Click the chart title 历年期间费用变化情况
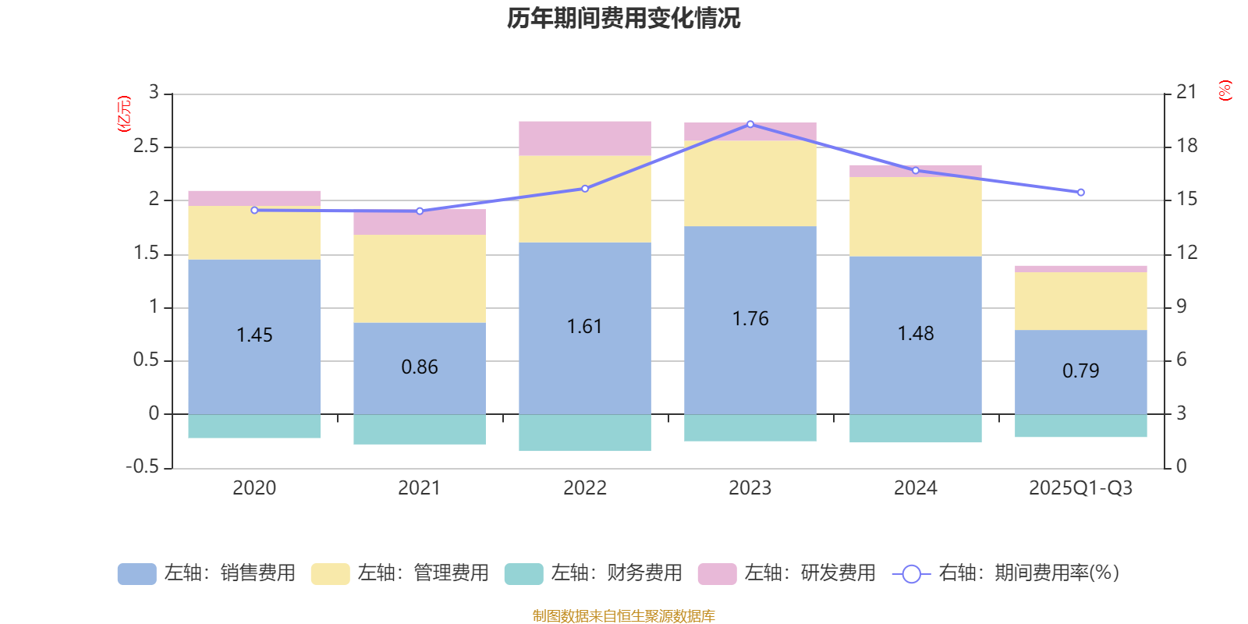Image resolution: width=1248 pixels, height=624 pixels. [x=623, y=18]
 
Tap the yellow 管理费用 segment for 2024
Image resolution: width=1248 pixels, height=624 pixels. [x=916, y=217]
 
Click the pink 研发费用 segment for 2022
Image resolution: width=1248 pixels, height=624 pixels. [x=585, y=138]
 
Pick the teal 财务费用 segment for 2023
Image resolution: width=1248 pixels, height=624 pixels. [x=750, y=428]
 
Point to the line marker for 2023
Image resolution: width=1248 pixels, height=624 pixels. [x=750, y=124]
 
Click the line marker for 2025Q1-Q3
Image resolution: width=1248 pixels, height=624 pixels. [x=1081, y=193]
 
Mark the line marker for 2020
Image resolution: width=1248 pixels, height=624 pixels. [x=254, y=210]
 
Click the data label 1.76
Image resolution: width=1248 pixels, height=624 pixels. [x=750, y=319]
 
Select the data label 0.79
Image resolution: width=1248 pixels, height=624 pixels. [x=1081, y=371]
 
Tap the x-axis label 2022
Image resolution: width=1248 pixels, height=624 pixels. [x=585, y=488]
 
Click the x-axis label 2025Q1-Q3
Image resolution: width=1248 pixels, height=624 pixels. [x=1081, y=488]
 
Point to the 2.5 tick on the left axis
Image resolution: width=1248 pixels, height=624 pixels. [x=146, y=147]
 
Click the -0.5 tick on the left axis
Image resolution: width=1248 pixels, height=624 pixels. [x=142, y=466]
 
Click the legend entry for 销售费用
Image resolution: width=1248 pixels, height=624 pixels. [x=207, y=573]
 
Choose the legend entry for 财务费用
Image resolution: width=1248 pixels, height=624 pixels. [x=594, y=573]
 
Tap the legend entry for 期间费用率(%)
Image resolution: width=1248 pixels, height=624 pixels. [x=1005, y=573]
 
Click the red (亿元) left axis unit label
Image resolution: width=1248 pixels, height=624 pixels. [x=124, y=114]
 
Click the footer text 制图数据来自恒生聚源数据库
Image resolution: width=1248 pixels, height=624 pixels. [x=623, y=616]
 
